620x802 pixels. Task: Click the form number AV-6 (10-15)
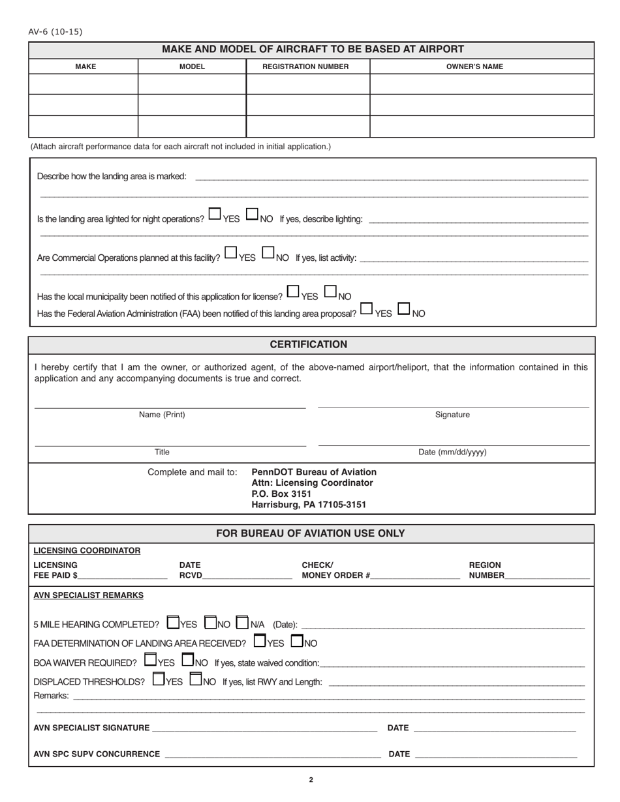click(55, 31)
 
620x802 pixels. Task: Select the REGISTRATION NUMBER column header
click(305, 67)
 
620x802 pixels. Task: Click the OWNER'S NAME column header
click(474, 67)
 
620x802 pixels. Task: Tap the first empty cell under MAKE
click(84, 84)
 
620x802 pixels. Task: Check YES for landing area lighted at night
click(214, 214)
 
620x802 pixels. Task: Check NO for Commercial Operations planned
click(268, 252)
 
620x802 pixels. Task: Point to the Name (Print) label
click(162, 415)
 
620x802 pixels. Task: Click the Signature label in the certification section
click(452, 415)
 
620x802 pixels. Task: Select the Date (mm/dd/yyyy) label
click(452, 452)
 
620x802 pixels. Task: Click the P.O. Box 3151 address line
click(281, 494)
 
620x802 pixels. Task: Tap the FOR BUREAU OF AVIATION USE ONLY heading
click(310, 533)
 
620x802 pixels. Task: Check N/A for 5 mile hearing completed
click(242, 622)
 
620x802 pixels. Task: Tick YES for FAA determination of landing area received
click(259, 641)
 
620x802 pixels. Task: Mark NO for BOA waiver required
click(188, 660)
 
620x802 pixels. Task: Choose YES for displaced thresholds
click(158, 679)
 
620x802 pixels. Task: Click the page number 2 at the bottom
click(311, 780)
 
